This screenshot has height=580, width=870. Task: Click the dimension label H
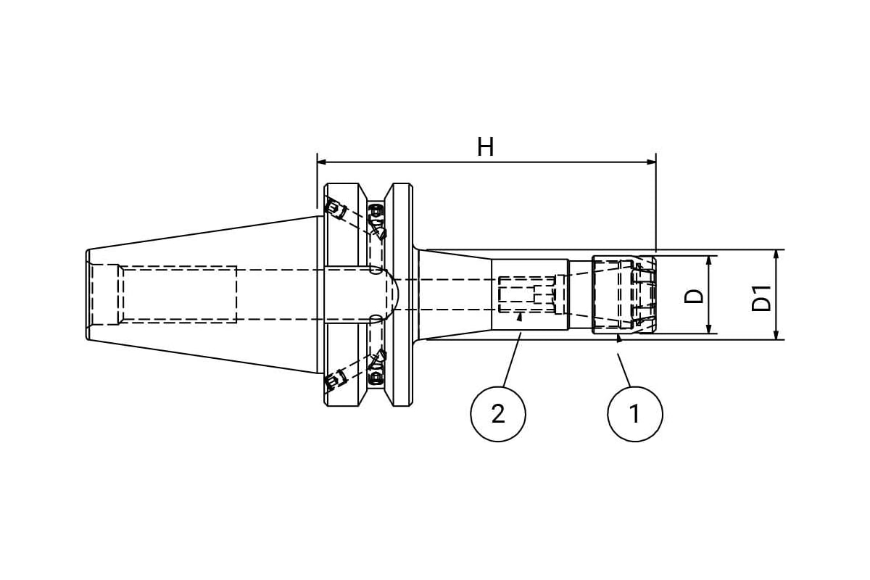coord(485,148)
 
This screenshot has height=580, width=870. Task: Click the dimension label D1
coord(762,298)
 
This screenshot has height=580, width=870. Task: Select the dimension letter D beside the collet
coord(695,296)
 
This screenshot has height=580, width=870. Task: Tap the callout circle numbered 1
coord(634,414)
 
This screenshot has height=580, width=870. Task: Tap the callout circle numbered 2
coord(498,414)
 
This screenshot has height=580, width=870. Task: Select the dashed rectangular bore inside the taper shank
coord(178,294)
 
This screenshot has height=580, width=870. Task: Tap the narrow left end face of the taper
coord(88,294)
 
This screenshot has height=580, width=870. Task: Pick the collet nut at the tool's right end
coord(623,294)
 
